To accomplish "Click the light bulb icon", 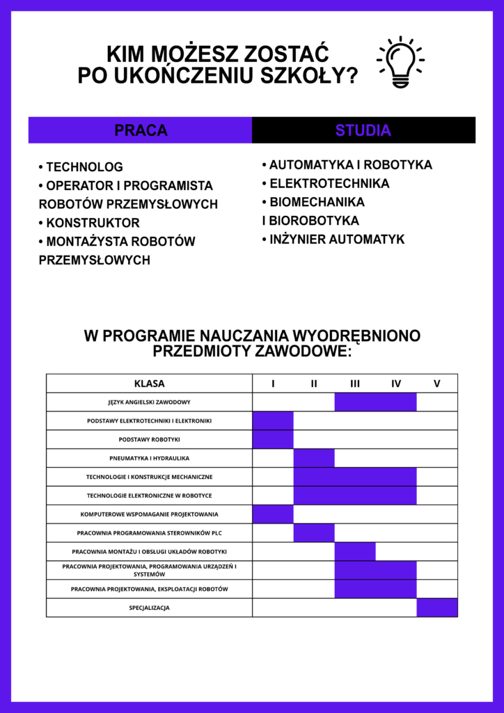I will [400, 62].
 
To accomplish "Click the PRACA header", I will [141, 130].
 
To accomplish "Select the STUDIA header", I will [363, 130].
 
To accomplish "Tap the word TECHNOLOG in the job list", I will [84, 167].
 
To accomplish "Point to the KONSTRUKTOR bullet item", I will [93, 223].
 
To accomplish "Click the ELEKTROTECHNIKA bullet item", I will [329, 184].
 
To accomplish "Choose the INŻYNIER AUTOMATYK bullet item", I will [337, 240].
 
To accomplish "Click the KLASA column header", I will [149, 384].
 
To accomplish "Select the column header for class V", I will [437, 384].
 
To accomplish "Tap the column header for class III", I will [355, 384].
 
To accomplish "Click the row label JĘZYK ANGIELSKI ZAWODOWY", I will [149, 402].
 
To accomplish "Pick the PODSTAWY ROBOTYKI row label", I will [149, 440].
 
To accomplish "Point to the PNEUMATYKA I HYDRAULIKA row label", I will [149, 459].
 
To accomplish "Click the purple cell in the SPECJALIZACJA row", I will [437, 608].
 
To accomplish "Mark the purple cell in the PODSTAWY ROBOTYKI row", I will [273, 440].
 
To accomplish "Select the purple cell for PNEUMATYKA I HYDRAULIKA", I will [314, 459].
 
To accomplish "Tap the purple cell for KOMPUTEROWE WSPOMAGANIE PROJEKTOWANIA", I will [273, 515].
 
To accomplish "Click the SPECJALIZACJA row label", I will [149, 608].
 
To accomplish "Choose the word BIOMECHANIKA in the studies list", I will [317, 202].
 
